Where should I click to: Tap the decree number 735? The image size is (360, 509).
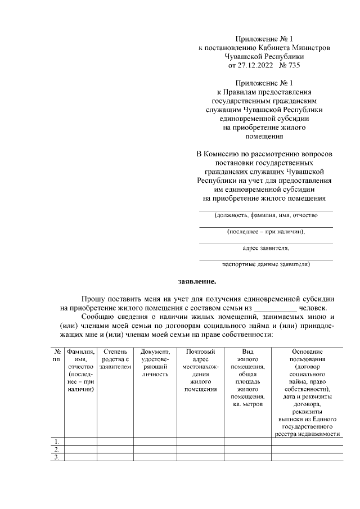pos(292,65)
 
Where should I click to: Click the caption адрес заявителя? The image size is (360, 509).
pos(265,247)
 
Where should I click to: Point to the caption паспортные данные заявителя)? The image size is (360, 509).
pos(265,263)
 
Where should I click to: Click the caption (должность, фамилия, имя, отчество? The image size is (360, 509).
pos(265,215)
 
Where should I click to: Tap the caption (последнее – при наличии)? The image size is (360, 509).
pos(265,231)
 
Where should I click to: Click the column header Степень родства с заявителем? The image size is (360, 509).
pos(115,359)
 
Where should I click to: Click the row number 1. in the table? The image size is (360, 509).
pos(56,441)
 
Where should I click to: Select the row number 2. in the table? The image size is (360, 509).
pos(56,449)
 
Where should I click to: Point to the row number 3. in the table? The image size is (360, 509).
pos(56,457)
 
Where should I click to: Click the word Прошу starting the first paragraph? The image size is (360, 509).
pos(93,298)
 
